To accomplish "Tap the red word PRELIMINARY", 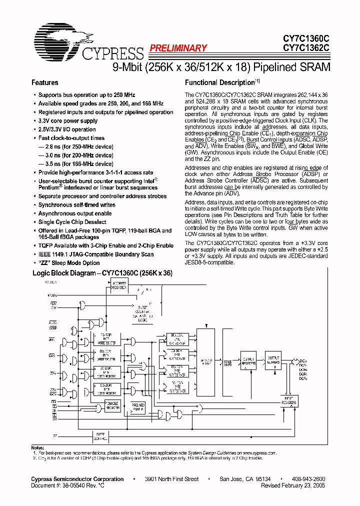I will tap(177, 48).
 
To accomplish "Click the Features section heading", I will tap(44, 82).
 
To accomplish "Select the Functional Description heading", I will tap(220, 82).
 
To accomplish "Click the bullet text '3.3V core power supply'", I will tap(68, 121).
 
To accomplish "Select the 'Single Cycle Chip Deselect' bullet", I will tap(72, 222).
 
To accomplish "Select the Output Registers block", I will tap(248, 360).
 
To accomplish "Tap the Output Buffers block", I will tap(273, 361).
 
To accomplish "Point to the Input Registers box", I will tap(288, 400).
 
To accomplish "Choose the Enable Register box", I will tap(112, 405).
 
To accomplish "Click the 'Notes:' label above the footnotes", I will tap(38, 447).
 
